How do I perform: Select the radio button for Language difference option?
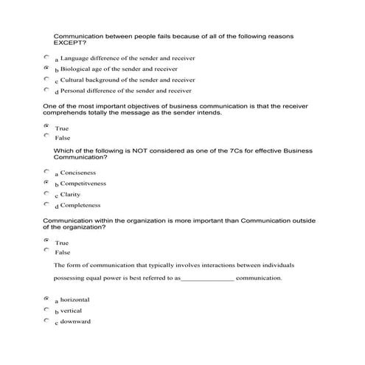tap(46, 56)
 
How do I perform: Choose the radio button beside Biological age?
tap(46, 67)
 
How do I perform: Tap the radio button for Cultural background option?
tap(46, 78)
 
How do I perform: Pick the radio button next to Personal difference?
tap(46, 90)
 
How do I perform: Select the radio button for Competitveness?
tap(46, 182)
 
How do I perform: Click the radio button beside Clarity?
tap(46, 193)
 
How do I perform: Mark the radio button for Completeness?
tap(46, 204)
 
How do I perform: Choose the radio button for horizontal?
tap(46, 299)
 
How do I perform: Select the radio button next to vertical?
tap(46, 310)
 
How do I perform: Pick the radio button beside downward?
tap(46, 321)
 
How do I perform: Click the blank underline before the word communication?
tap(207, 279)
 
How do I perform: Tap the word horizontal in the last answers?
tap(75, 300)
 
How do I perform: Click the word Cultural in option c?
tap(74, 80)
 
